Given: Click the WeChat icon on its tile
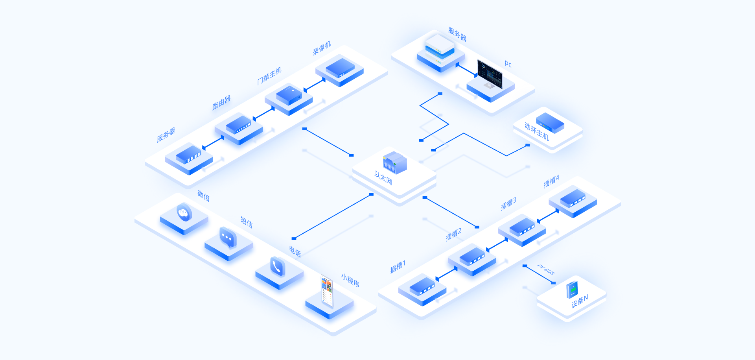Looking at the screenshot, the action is [184, 213].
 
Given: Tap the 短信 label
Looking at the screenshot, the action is [247, 222].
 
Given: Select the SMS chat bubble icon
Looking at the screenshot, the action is [228, 237].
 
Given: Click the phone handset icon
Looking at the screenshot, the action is [278, 267].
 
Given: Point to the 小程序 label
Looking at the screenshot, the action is [350, 281].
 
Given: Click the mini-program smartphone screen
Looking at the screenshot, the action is [327, 291].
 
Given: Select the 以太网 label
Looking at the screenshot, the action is [383, 178].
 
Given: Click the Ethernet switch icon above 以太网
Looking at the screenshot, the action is [395, 162].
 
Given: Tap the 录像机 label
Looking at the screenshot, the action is [322, 48].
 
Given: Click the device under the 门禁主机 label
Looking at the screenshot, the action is [289, 95].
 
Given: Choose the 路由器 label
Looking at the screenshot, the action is [221, 102].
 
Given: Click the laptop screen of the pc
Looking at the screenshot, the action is [490, 74].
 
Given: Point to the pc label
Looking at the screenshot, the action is [508, 64].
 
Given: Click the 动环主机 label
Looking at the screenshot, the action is [537, 131].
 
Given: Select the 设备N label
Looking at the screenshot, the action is [580, 301].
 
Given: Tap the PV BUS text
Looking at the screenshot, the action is [546, 270].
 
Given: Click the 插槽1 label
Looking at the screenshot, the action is [398, 266].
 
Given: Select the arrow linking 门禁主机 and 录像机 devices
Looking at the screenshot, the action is [314, 85].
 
